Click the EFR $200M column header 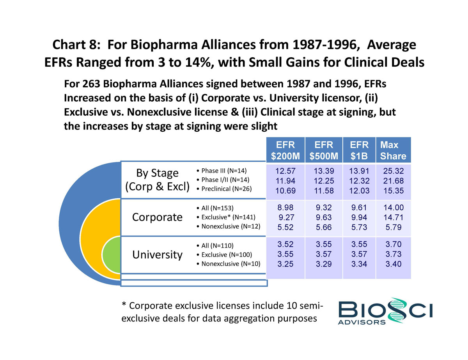(x=285, y=151)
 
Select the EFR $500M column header (x=323, y=151)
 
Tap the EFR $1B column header (x=359, y=151)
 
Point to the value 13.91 (x=359, y=171)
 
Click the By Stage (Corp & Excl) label (x=158, y=180)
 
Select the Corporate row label (x=158, y=217)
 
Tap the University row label (x=158, y=255)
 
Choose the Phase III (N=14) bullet (x=223, y=171)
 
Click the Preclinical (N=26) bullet (x=225, y=189)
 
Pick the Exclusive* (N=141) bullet (x=226, y=217)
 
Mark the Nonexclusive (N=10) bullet (x=229, y=264)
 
